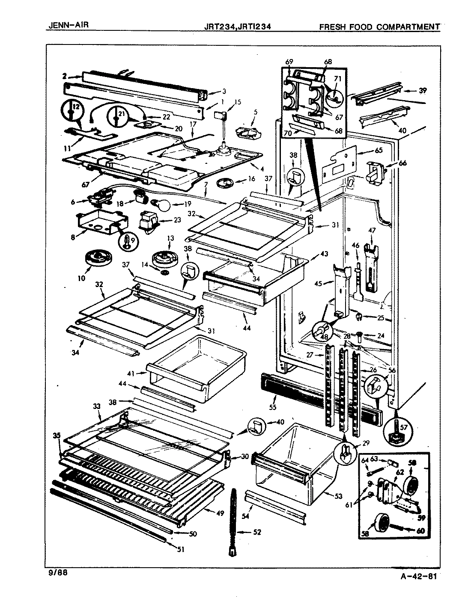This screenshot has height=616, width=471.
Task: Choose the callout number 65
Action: [378, 151]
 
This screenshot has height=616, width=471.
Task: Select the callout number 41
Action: [130, 373]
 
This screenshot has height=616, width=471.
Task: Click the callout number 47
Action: [371, 231]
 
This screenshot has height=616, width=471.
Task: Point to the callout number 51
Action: [181, 550]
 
